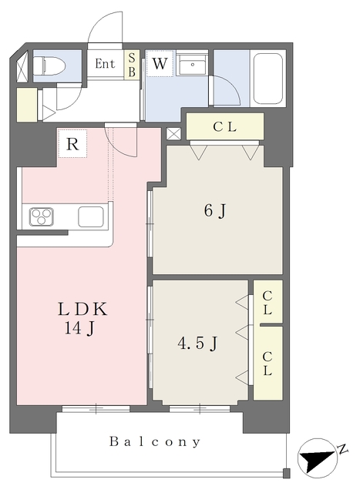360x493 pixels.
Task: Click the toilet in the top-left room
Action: [49, 66]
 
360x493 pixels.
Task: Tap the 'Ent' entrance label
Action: [105, 64]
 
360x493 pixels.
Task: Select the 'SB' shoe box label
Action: [132, 65]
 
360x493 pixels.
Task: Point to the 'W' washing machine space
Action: [160, 63]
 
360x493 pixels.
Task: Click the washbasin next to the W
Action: [191, 64]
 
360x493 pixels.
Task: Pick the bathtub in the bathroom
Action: [267, 79]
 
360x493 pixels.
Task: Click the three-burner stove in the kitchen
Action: [42, 216]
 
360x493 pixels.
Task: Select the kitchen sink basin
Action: [91, 216]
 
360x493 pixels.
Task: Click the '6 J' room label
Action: [215, 210]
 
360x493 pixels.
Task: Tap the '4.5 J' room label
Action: [197, 344]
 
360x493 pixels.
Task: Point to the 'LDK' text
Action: [82, 309]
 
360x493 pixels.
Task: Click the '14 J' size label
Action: [79, 329]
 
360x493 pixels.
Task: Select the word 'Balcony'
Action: [155, 441]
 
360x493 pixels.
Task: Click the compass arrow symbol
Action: [318, 459]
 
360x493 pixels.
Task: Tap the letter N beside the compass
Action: [343, 448]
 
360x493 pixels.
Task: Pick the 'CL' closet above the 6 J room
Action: [224, 126]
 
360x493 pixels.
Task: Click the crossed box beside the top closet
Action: [173, 134]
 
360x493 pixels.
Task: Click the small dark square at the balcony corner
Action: [286, 473]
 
